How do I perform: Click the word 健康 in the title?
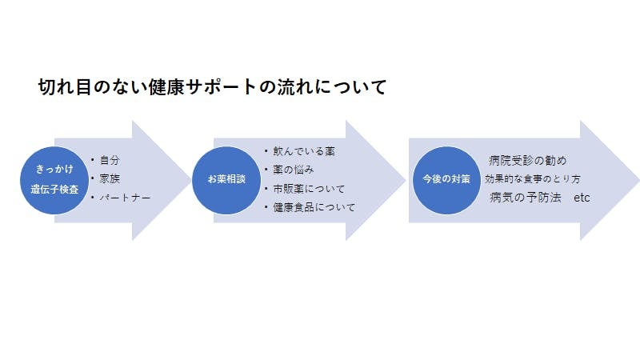click(x=166, y=87)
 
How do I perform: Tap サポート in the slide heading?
click(x=221, y=87)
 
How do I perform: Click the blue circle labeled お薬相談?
click(x=226, y=180)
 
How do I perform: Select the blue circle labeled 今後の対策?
click(x=446, y=180)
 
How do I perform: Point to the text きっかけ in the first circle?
click(x=54, y=169)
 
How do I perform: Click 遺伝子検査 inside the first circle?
click(x=54, y=190)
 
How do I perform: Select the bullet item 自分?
click(x=110, y=160)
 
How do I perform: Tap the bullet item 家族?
click(x=110, y=178)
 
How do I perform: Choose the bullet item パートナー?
click(x=125, y=198)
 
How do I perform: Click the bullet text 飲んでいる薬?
click(x=304, y=151)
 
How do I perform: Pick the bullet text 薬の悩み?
click(x=294, y=170)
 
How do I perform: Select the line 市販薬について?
click(x=309, y=189)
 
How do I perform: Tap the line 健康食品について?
click(x=314, y=207)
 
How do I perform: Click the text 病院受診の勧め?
click(x=528, y=161)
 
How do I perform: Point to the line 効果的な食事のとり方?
click(x=533, y=178)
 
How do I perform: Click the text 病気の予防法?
click(x=526, y=198)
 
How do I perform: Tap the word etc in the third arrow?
click(x=582, y=198)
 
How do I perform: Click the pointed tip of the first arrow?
click(x=190, y=180)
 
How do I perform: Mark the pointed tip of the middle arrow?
click(x=405, y=180)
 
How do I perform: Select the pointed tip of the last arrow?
click(x=638, y=180)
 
